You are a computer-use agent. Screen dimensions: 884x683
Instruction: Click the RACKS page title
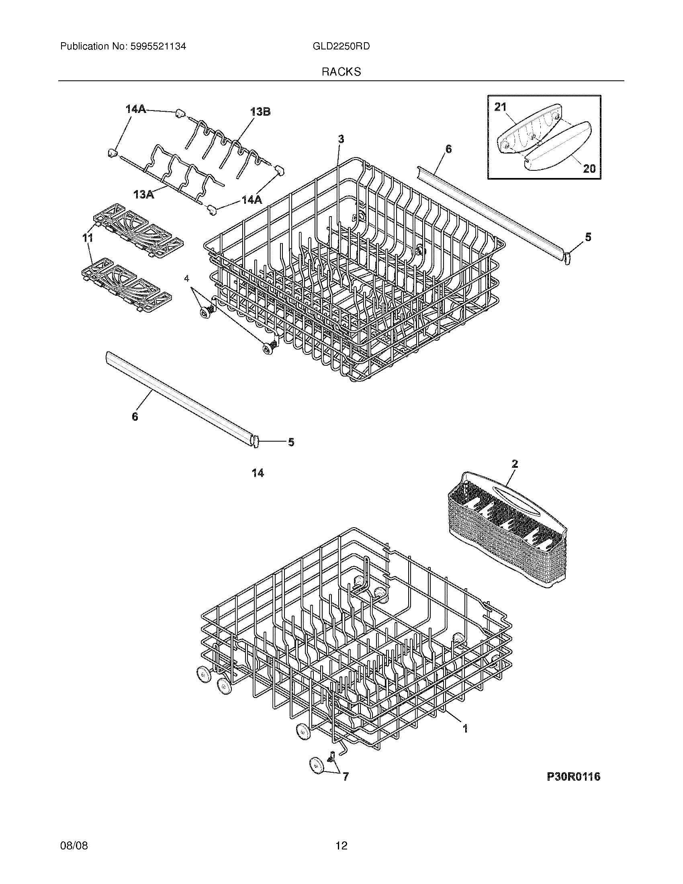click(x=341, y=72)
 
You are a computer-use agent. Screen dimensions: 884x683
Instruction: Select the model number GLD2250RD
click(x=341, y=46)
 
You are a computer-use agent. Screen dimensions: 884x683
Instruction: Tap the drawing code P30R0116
click(x=573, y=776)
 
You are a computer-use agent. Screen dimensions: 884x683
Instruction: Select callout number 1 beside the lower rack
click(x=465, y=728)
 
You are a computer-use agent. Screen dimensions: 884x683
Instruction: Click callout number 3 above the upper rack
click(x=341, y=139)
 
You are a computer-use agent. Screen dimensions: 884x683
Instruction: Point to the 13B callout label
click(x=260, y=112)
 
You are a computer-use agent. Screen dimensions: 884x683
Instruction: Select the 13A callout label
click(x=144, y=195)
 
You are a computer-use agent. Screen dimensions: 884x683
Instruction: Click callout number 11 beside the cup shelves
click(x=88, y=238)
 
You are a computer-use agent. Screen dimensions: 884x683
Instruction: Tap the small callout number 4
click(x=186, y=278)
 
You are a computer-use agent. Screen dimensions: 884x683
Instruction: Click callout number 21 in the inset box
click(x=501, y=107)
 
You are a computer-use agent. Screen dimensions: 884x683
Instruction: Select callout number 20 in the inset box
click(x=589, y=168)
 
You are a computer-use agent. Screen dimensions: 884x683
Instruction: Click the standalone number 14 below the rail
click(x=258, y=473)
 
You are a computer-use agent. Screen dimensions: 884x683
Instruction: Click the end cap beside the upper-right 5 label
click(x=567, y=258)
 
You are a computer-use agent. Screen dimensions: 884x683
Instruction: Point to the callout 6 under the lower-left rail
click(x=135, y=416)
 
